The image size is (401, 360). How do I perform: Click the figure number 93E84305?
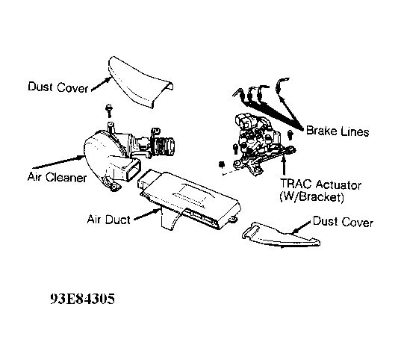point(82,298)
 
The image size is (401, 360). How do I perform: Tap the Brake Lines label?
point(338,131)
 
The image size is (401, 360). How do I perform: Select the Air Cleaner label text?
point(57,177)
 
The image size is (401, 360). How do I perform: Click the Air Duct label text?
point(109,220)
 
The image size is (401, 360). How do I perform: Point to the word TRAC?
point(296,184)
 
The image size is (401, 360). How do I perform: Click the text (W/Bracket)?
point(311,196)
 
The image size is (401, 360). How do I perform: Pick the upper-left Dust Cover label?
point(58,87)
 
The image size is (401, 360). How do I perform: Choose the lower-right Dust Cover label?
point(343,222)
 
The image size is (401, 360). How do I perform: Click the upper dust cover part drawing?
point(140,81)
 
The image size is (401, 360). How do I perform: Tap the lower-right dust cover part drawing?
point(281,235)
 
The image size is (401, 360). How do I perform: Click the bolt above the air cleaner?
point(109,111)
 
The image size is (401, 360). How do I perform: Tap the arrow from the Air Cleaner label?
point(59,162)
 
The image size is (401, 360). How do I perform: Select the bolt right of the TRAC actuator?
point(290,134)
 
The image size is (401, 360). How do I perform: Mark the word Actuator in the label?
point(338,184)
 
